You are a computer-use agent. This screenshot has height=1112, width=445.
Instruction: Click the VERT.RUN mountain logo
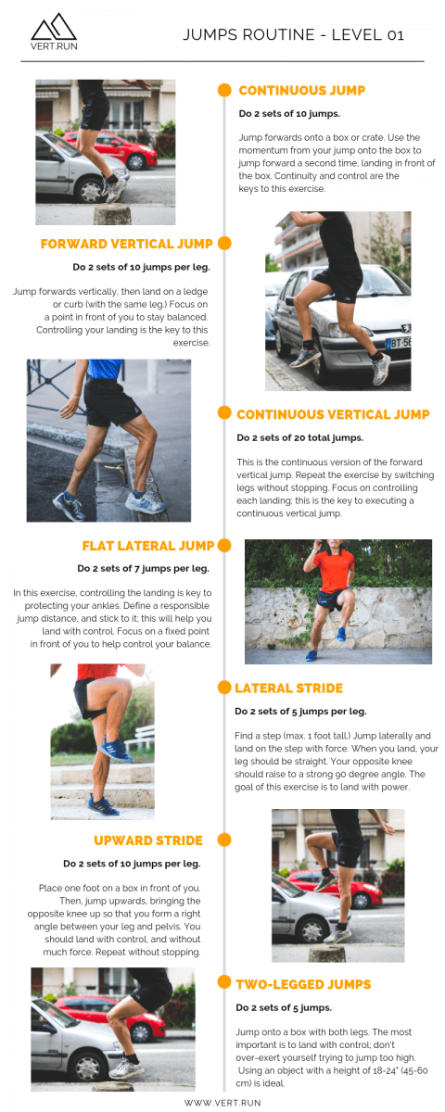54,32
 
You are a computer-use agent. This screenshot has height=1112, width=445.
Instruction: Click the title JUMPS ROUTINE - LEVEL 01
293,35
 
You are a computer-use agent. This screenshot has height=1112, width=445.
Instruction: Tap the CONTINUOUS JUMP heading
301,91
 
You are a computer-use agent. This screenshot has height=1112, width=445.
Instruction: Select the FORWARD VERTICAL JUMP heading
126,244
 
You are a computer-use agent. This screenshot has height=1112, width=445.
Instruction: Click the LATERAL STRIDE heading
288,689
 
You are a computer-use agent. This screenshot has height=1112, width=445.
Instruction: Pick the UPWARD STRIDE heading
147,840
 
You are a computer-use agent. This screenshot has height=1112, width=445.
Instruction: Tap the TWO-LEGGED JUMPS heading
303,984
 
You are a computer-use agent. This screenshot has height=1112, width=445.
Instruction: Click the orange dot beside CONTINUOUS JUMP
224,90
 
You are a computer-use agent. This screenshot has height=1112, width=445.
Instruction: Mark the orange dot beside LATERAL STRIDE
223,688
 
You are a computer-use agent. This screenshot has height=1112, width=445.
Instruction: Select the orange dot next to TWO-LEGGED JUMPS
223,982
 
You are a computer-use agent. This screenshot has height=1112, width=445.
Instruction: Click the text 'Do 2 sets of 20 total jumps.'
299,438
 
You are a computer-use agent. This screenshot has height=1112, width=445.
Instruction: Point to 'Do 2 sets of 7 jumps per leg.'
144,569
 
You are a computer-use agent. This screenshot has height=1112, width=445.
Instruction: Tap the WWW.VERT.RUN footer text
222,1102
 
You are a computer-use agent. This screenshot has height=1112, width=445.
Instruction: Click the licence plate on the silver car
398,343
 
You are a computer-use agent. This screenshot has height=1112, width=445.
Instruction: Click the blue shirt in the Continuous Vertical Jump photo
105,369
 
